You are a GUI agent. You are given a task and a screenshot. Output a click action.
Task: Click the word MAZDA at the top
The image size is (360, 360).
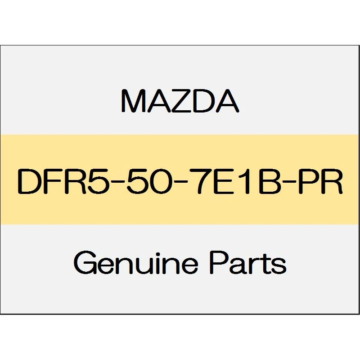pyautogui.click(x=180, y=101)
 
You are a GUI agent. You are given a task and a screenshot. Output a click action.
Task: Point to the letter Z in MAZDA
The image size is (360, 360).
pyautogui.click(x=179, y=101)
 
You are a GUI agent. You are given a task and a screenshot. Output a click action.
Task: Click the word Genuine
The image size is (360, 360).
pyautogui.click(x=136, y=263)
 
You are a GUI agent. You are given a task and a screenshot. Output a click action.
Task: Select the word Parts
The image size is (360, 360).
pyautogui.click(x=248, y=263)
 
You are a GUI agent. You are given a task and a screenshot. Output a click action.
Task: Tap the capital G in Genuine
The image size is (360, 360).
pyautogui.click(x=85, y=263)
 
